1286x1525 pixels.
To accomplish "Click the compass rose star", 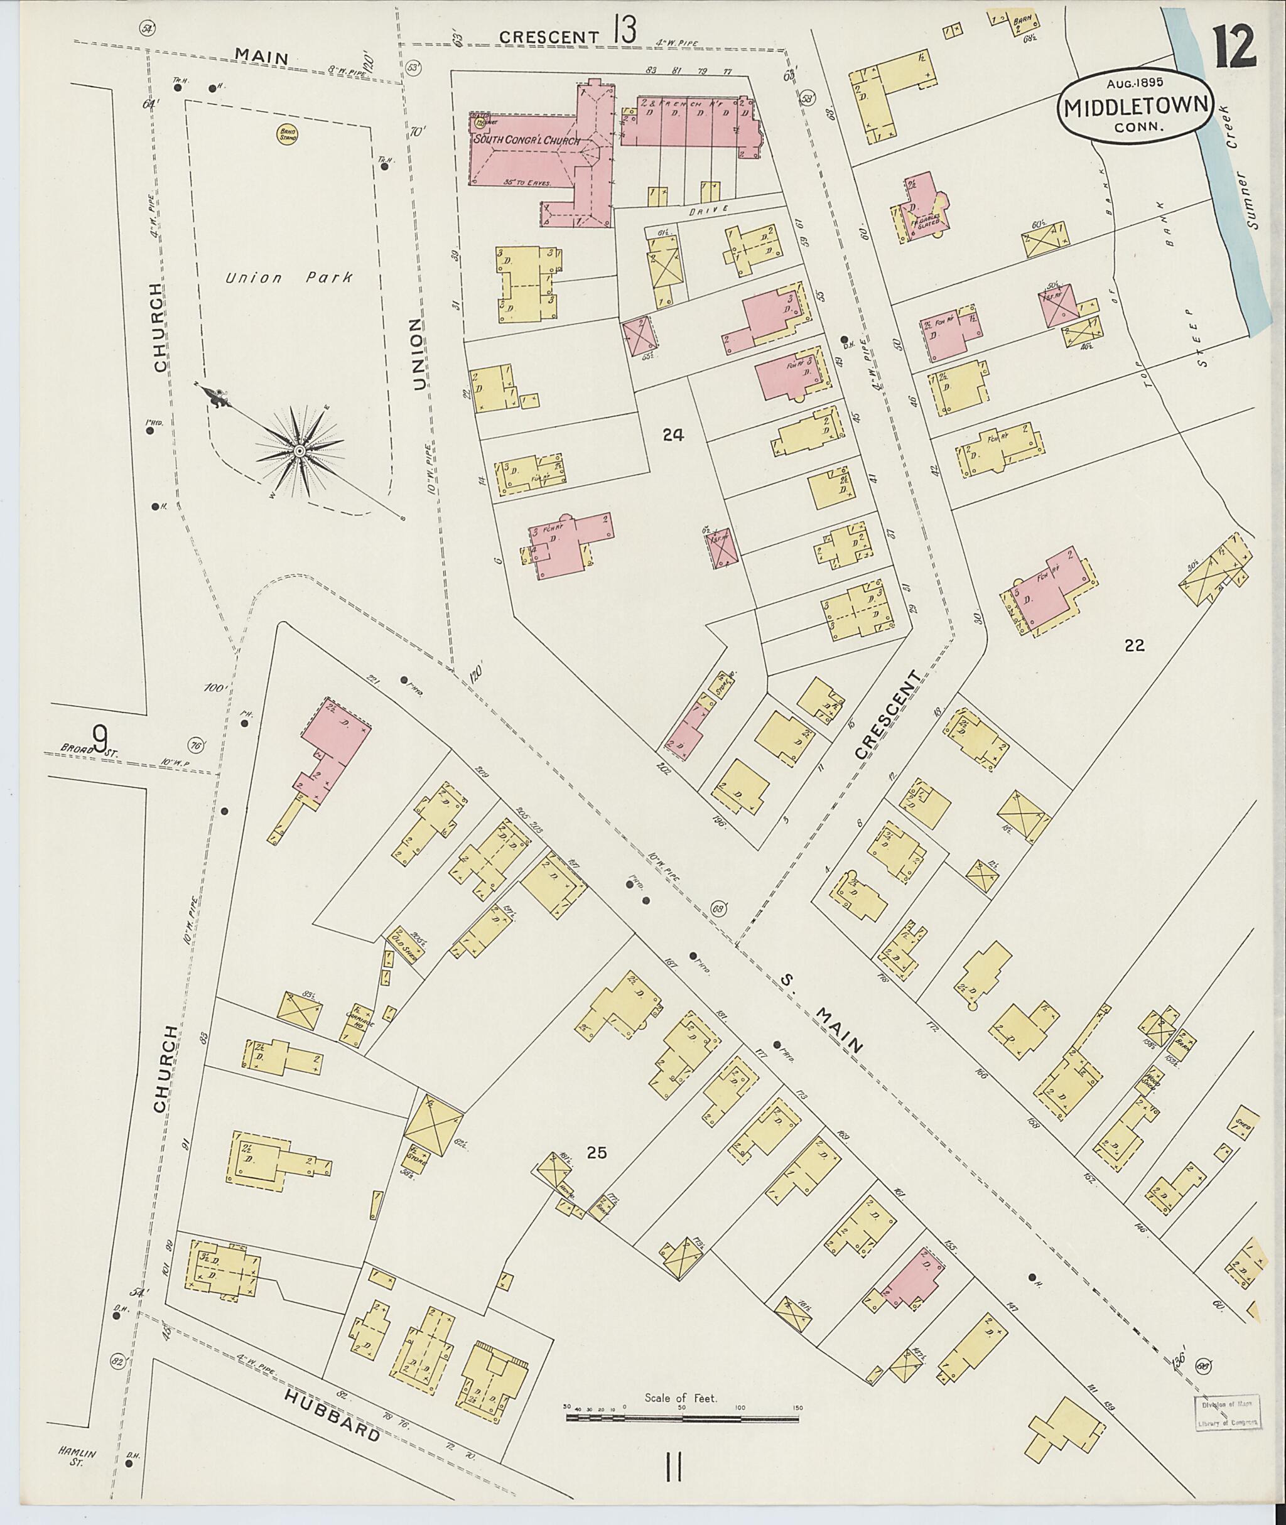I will pos(298,452).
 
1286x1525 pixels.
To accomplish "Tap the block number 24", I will pos(673,435).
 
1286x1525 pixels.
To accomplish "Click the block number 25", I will pos(597,1153).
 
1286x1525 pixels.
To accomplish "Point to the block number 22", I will pos(1135,644).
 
